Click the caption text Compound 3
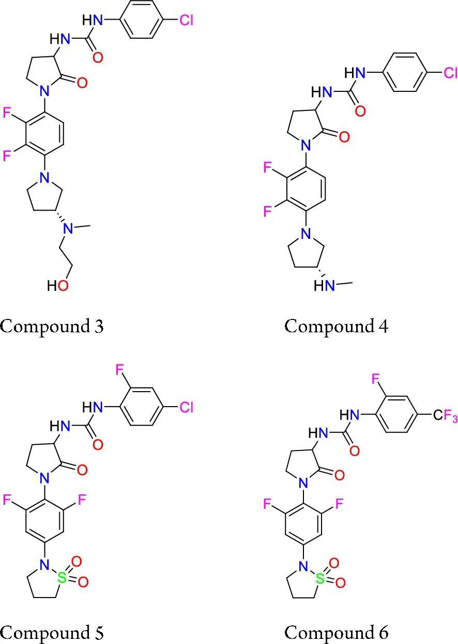[x=52, y=327]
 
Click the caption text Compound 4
[x=336, y=327]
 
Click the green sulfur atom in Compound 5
[x=63, y=578]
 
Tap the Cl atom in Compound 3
[x=188, y=21]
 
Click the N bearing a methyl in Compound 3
[x=68, y=229]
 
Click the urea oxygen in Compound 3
[x=98, y=57]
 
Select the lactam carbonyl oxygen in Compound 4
[x=344, y=137]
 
